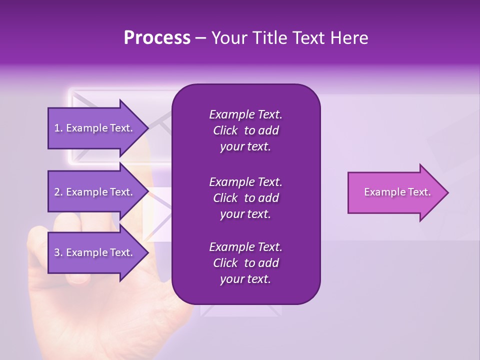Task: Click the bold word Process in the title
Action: coord(157,38)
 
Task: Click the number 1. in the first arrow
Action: coord(58,128)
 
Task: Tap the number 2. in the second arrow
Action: coord(58,192)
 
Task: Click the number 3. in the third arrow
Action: coord(58,252)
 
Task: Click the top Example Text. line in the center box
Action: coord(245,114)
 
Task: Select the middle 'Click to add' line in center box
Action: coord(245,198)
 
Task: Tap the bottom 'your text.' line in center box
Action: coord(245,279)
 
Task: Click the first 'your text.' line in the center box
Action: coord(245,147)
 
